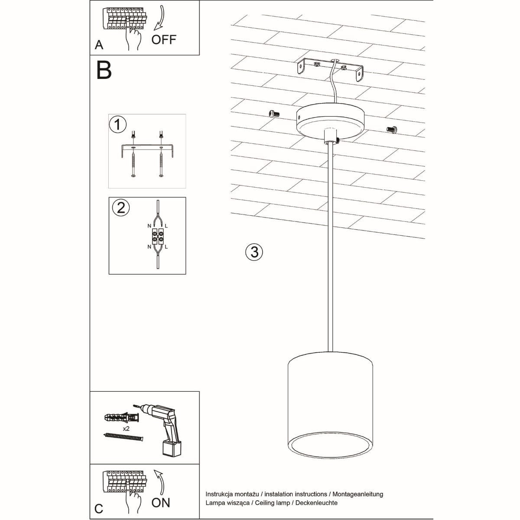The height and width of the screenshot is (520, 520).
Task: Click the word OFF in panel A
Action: click(164, 39)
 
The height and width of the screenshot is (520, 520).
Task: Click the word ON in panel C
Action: click(161, 503)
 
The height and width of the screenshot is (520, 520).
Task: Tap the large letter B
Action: click(104, 70)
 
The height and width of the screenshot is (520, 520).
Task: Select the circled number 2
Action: click(121, 207)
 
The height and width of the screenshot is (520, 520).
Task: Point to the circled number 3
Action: click(254, 252)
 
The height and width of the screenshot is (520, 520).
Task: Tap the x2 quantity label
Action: click(126, 428)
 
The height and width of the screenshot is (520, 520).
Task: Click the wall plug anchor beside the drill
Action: click(122, 418)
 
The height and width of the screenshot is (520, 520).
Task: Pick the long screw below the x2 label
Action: click(123, 437)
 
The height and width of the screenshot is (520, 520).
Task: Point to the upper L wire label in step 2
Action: click(166, 226)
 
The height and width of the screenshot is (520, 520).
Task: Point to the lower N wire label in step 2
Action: click(149, 247)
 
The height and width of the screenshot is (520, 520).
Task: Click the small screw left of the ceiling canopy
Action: click(273, 114)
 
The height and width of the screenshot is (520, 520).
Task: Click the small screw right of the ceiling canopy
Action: click(391, 129)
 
